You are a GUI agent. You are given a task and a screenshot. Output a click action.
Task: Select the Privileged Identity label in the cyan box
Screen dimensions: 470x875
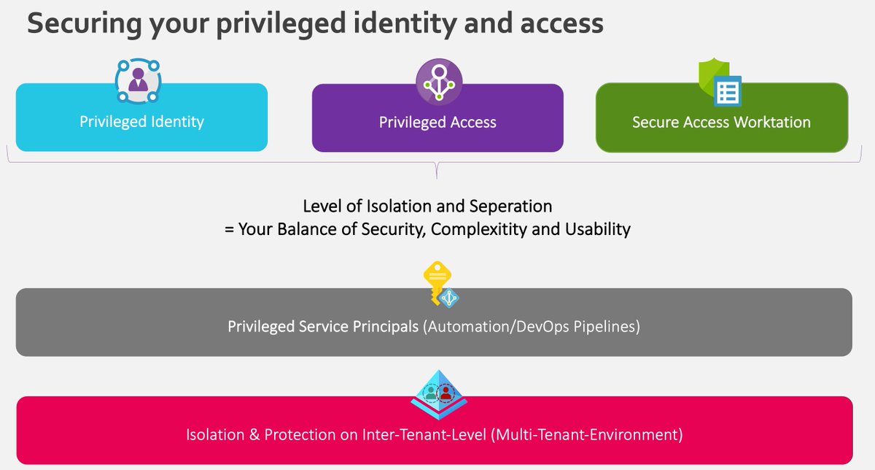pyautogui.click(x=141, y=121)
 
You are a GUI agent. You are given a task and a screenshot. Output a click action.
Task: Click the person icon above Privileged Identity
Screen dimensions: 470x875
pyautogui.click(x=137, y=80)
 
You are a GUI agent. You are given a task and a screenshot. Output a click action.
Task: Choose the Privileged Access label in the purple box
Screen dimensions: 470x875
pyautogui.click(x=437, y=123)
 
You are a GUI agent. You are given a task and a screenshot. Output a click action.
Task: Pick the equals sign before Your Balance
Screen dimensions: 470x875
pyautogui.click(x=228, y=229)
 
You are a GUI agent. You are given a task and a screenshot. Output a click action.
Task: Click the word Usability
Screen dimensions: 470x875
pyautogui.click(x=598, y=229)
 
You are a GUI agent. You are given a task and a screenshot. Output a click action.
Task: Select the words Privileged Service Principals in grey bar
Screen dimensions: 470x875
pyautogui.click(x=323, y=326)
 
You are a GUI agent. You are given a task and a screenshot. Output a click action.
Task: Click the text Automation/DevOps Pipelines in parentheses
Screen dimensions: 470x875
pyautogui.click(x=532, y=326)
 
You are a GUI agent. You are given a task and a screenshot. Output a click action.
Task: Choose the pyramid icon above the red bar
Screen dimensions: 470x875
pyautogui.click(x=438, y=392)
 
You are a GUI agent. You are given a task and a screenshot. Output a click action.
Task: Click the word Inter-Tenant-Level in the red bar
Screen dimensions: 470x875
pyautogui.click(x=424, y=435)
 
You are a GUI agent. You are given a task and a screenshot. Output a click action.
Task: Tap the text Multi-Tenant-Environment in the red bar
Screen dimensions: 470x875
pyautogui.click(x=587, y=435)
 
